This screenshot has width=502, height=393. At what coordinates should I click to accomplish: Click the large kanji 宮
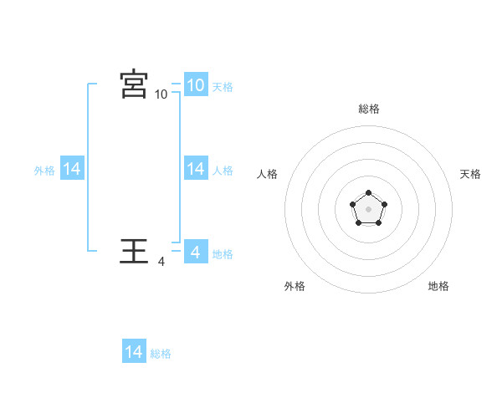click(134, 84)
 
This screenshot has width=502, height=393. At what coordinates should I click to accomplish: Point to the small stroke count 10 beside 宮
click(161, 94)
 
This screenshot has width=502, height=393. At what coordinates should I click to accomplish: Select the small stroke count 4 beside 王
click(161, 262)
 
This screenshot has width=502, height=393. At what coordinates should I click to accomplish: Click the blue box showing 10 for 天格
click(195, 85)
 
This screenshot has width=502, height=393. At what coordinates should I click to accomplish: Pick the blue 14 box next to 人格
click(195, 169)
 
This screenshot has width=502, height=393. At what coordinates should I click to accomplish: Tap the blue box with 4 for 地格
click(195, 252)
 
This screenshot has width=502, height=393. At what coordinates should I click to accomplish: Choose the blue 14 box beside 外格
click(72, 169)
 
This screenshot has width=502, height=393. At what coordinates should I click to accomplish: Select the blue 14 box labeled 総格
click(134, 352)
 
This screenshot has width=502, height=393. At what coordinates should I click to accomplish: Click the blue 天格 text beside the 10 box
click(223, 86)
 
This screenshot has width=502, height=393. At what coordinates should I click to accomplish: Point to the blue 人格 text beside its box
click(223, 170)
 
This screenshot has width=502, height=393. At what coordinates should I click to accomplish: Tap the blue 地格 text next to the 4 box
click(223, 253)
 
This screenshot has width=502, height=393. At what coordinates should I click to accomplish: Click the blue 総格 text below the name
click(161, 354)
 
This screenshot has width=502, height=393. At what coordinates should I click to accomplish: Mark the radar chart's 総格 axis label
click(369, 109)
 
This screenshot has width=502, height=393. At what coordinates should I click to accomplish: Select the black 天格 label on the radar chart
click(470, 174)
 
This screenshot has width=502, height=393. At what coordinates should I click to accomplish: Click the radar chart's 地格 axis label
click(438, 286)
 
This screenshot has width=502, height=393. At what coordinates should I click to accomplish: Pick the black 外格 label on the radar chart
click(295, 286)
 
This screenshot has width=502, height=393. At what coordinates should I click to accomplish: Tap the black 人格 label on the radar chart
click(268, 174)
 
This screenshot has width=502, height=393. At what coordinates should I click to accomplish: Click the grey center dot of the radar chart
click(368, 208)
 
